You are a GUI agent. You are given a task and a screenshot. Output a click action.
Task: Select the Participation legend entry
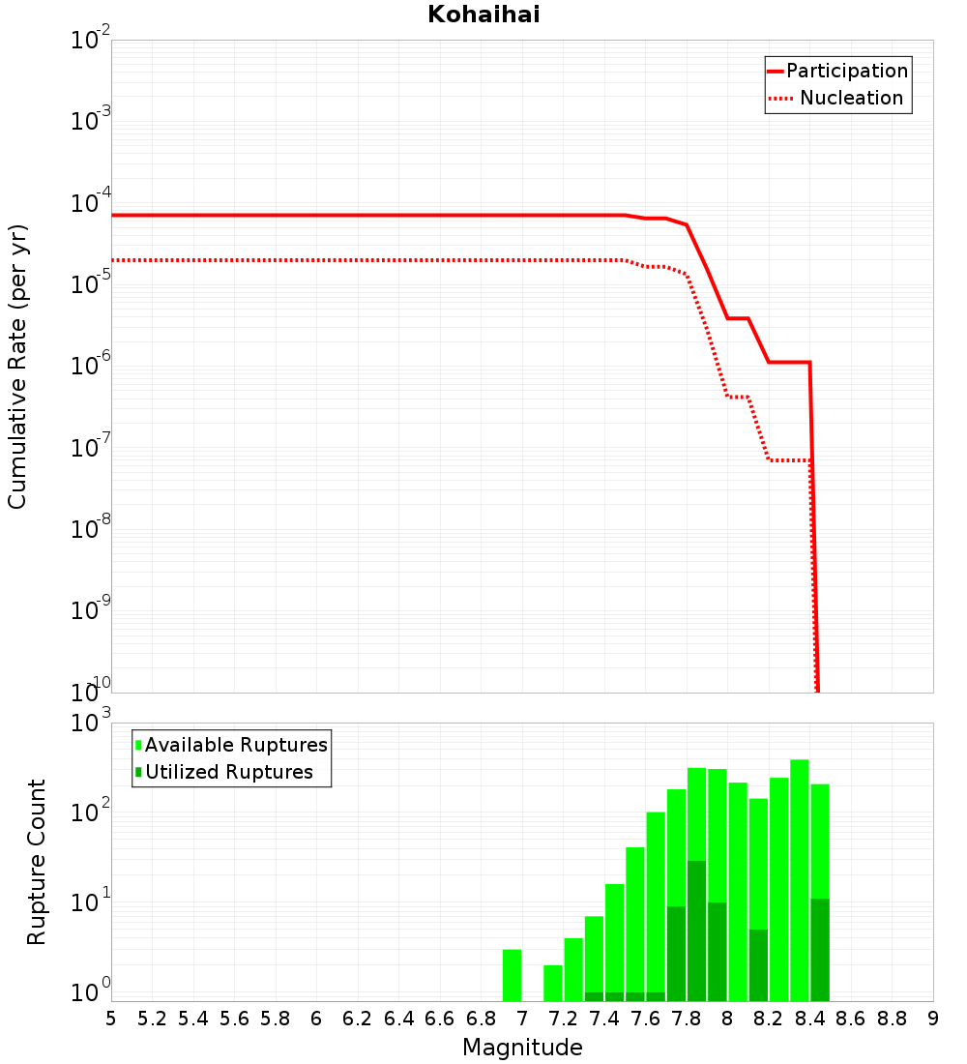pyautogui.click(x=846, y=71)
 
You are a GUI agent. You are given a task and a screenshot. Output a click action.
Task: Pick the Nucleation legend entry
pyautogui.click(x=851, y=99)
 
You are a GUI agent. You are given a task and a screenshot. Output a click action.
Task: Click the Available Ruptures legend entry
pyautogui.click(x=236, y=745)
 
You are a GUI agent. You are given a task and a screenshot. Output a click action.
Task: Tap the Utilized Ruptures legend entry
pyautogui.click(x=228, y=772)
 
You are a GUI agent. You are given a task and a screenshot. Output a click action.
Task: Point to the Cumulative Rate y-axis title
pyautogui.click(x=17, y=367)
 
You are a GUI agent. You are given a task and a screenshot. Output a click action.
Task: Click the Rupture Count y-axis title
pyautogui.click(x=37, y=862)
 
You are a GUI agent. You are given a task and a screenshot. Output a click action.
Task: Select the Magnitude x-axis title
pyautogui.click(x=522, y=1048)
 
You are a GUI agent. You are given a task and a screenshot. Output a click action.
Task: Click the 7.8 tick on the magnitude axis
pyautogui.click(x=687, y=1019)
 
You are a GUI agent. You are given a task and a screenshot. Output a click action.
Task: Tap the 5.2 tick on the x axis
pyautogui.click(x=152, y=1019)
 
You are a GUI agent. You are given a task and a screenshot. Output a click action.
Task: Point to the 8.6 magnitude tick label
pyautogui.click(x=851, y=1019)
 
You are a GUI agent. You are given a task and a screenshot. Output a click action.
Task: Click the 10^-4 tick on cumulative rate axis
pyautogui.click(x=91, y=204)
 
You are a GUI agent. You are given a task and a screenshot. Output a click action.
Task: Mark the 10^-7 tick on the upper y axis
pyautogui.click(x=91, y=448)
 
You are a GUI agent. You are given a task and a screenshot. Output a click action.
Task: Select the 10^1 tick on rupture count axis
pyautogui.click(x=91, y=903)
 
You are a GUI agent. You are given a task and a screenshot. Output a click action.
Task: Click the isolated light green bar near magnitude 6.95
pyautogui.click(x=512, y=975)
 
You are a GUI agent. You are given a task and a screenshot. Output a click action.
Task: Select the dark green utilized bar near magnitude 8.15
pyautogui.click(x=758, y=965)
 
